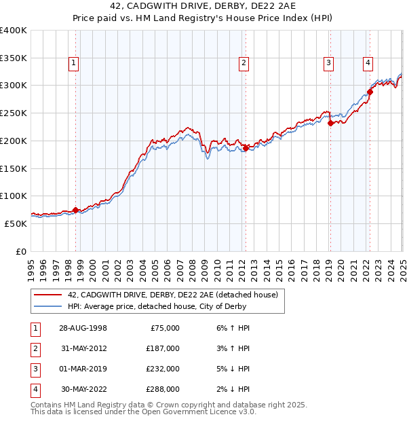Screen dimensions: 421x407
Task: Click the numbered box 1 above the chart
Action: pos(73,63)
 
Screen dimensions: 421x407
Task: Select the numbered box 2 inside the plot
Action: pos(243,63)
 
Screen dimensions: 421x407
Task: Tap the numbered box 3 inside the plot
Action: pos(328,63)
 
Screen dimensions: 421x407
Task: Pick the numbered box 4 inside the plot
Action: pos(368,63)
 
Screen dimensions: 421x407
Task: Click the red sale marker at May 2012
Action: pos(246,147)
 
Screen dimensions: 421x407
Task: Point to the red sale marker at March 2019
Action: pos(330,123)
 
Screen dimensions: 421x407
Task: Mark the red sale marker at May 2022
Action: pos(370,92)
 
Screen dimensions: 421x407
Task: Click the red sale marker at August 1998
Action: pos(75,209)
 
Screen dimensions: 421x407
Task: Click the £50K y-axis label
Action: pos(16,223)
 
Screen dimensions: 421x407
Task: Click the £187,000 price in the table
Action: pos(163,348)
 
